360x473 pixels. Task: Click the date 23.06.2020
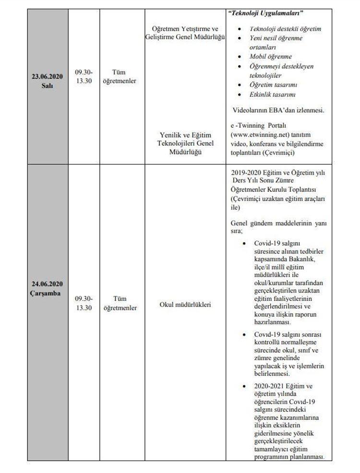pos(48,76)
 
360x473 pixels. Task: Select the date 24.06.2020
pos(48,284)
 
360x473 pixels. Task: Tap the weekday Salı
pos(48,85)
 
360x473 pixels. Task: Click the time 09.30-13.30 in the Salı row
pos(84,76)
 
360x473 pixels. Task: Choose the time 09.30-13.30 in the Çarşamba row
pos(84,303)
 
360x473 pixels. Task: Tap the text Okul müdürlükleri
pos(185,304)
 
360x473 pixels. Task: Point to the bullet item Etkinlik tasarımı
pos(272,95)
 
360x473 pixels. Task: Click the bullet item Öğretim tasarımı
pos(274,85)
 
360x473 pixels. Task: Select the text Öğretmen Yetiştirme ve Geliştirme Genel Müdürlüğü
pos(185,33)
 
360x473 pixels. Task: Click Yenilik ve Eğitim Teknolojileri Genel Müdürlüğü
pos(185,143)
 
